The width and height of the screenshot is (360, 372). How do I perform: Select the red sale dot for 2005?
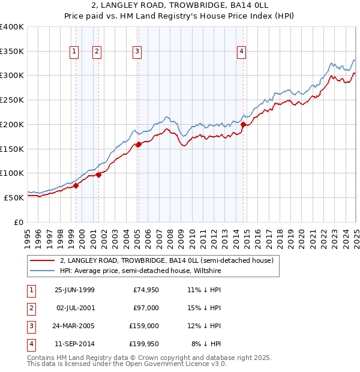(x=139, y=144)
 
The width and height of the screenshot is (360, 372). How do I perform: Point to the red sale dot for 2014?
(x=243, y=124)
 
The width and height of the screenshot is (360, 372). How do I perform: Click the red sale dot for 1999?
(x=76, y=185)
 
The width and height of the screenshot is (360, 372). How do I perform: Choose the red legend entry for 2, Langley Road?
(x=167, y=260)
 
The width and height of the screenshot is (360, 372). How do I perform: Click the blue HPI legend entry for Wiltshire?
(x=140, y=271)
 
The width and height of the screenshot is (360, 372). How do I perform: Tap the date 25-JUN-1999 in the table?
(x=74, y=290)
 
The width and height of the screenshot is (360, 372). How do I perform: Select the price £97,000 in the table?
(x=146, y=308)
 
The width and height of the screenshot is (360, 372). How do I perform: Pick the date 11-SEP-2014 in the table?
(x=74, y=344)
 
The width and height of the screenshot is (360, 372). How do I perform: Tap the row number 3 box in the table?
(x=31, y=326)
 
